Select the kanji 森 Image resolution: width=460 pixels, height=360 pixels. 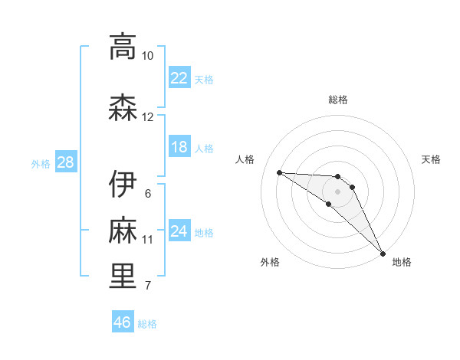[x=123, y=107]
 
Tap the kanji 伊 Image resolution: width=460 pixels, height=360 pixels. [x=123, y=184]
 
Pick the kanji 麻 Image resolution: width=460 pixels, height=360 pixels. [x=123, y=230]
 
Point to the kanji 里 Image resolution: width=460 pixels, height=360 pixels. [x=123, y=277]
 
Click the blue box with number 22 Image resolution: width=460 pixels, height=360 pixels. [x=179, y=78]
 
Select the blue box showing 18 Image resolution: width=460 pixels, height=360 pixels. [x=179, y=148]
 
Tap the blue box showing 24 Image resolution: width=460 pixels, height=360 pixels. [x=179, y=232]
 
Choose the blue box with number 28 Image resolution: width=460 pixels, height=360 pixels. [x=64, y=163]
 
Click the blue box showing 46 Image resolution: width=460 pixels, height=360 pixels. [x=123, y=323]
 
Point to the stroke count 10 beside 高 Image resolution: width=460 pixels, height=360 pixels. [x=147, y=56]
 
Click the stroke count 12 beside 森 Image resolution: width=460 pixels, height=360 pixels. [x=147, y=117]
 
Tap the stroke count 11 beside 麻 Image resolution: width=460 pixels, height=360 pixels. [x=147, y=240]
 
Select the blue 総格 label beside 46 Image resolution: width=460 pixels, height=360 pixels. [x=148, y=324]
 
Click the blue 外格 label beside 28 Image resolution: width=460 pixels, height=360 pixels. [x=41, y=164]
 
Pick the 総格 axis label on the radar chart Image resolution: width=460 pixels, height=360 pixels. [x=338, y=100]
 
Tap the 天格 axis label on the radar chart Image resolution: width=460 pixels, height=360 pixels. [x=432, y=159]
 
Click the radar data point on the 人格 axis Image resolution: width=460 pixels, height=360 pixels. [x=279, y=172]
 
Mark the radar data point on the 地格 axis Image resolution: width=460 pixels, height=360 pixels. [x=383, y=252]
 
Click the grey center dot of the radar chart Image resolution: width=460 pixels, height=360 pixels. [x=337, y=191]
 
